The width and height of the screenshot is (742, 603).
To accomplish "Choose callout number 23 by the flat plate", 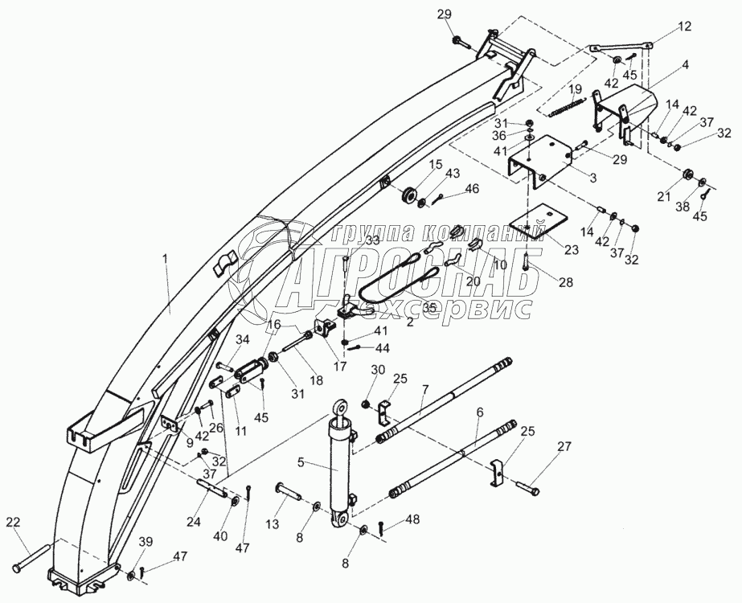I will click(x=571, y=249).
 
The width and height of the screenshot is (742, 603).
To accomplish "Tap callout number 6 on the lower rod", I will click(x=479, y=412).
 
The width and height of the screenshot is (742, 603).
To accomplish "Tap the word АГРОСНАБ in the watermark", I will click(x=410, y=280).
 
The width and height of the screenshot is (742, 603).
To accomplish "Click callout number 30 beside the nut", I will click(x=378, y=369).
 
